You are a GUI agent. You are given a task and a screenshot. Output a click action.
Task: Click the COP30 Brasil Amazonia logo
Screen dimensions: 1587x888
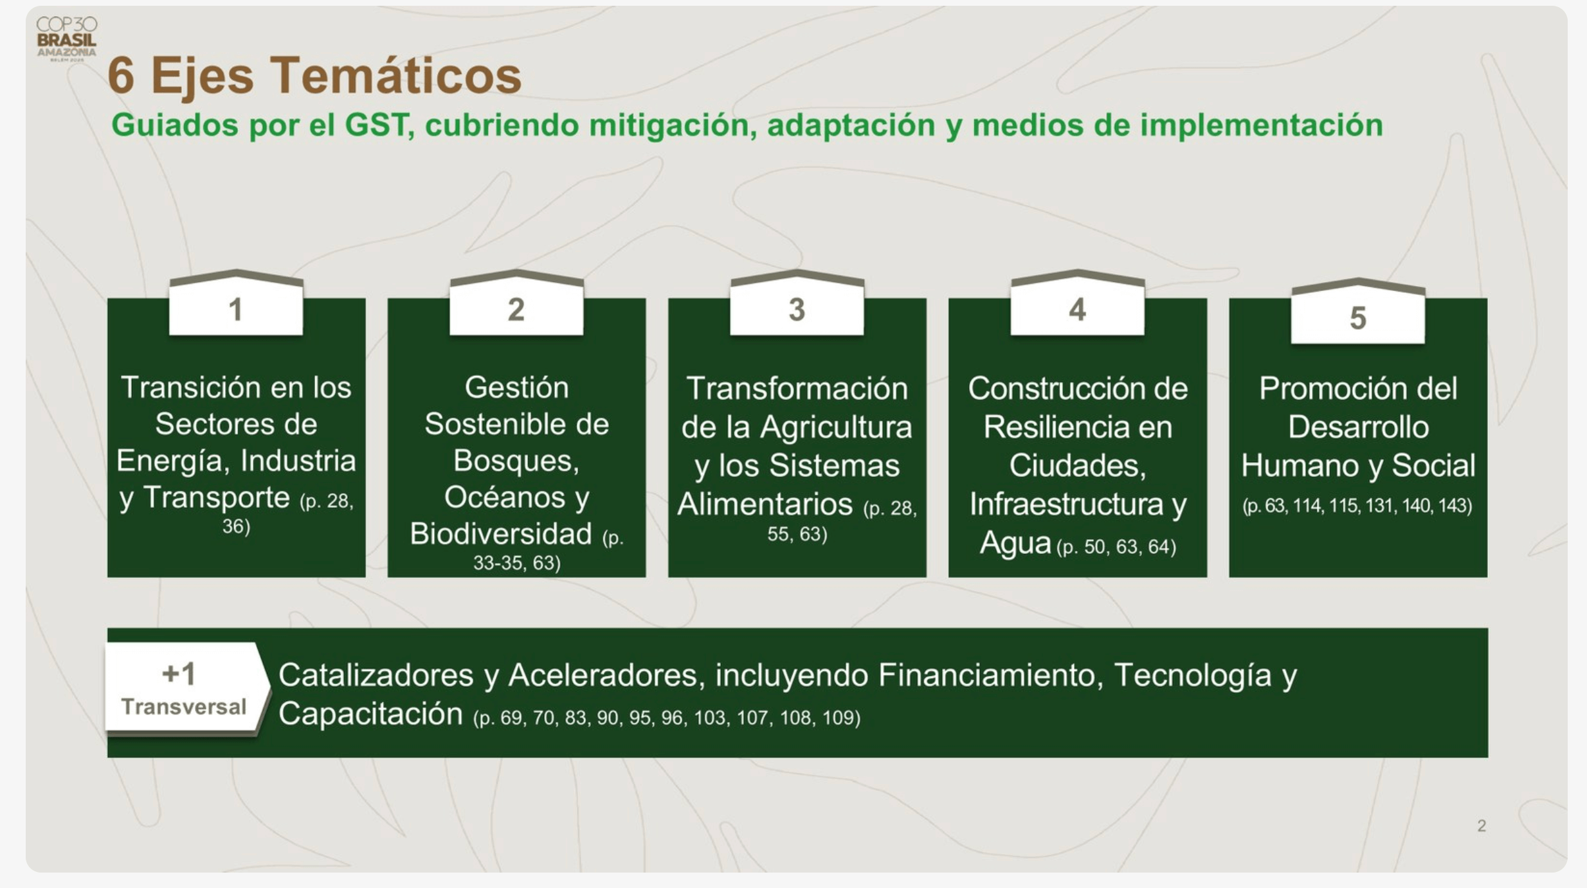(x=67, y=39)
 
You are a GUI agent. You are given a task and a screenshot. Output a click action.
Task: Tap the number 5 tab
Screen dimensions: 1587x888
(x=1357, y=311)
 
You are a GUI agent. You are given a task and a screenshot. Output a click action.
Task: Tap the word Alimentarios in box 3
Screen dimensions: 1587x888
(x=765, y=505)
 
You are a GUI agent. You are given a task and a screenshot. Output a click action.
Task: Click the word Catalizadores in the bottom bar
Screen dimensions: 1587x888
(x=376, y=675)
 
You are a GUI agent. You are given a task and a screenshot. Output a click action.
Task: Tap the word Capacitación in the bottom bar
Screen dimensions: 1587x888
(x=370, y=714)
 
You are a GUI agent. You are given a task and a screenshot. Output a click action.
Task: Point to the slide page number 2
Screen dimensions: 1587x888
(x=1482, y=826)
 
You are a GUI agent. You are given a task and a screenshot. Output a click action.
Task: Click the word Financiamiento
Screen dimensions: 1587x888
(x=987, y=675)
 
